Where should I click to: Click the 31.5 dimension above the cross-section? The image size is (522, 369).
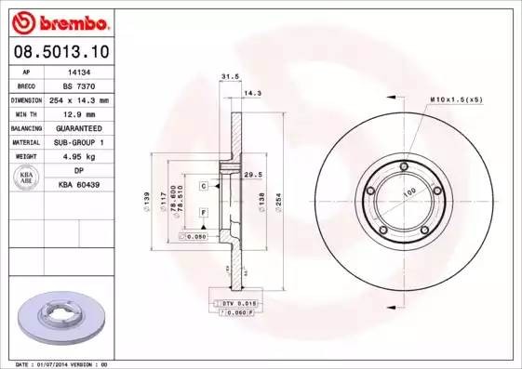224,78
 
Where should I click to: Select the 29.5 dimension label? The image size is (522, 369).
250,174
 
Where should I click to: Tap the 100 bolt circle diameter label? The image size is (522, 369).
407,193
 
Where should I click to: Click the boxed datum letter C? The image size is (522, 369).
203,186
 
